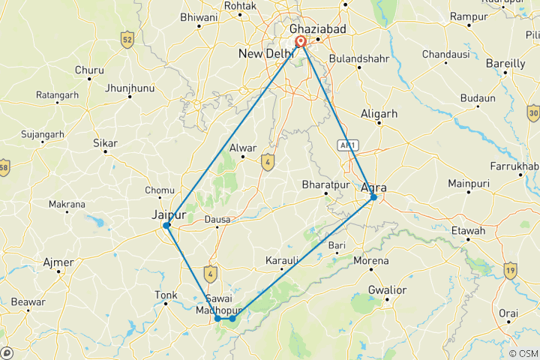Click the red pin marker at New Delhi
point(301,42)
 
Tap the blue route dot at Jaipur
point(167,225)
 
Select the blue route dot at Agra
point(373,197)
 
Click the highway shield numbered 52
point(127,39)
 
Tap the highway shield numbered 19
point(511,270)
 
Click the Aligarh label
point(379,113)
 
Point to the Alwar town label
point(243,148)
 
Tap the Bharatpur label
point(321,184)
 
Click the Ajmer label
point(59,262)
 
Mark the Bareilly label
point(505,64)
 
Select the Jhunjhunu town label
point(130,88)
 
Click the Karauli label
point(282,260)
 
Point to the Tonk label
point(165,295)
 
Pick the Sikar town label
point(104,142)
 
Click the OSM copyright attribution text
point(522,353)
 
